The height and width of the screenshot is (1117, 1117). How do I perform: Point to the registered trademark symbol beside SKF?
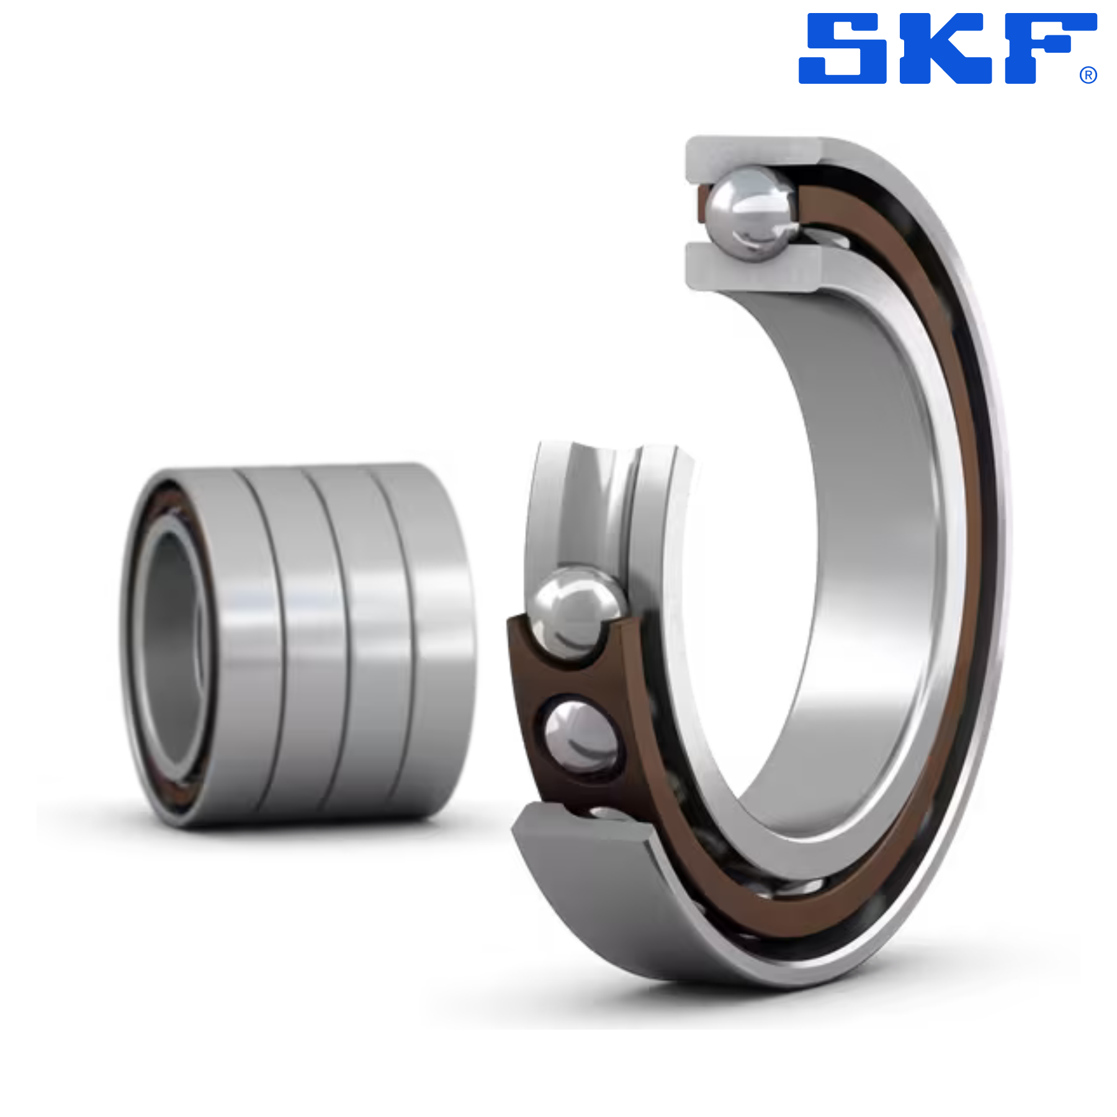[x=1088, y=75]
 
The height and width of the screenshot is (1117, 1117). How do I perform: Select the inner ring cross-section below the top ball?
[x=754, y=267]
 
